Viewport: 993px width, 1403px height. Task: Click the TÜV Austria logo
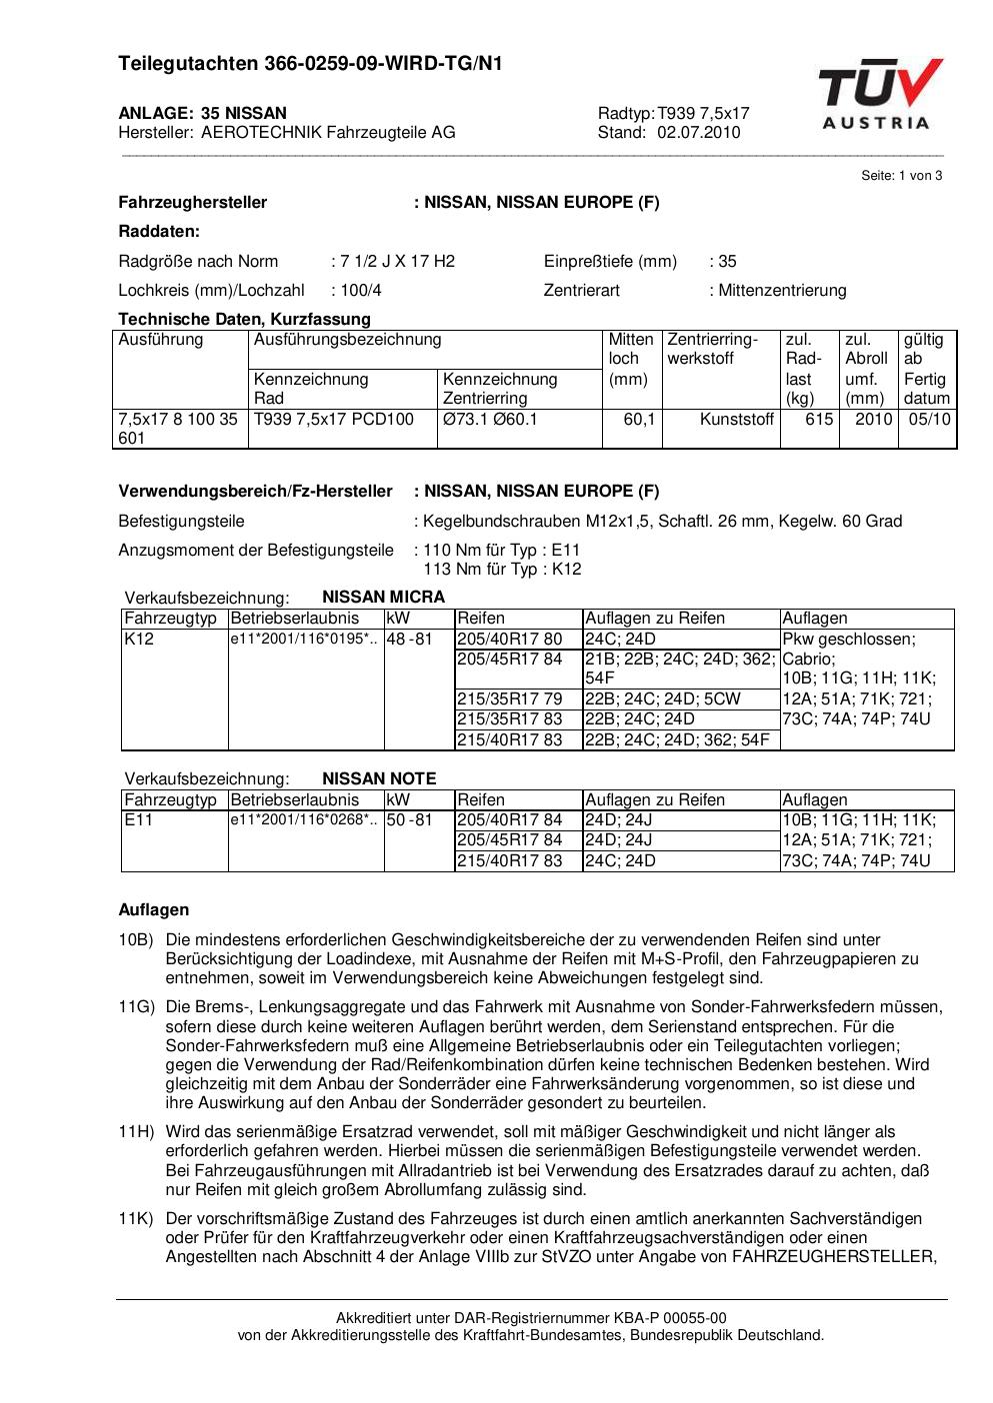pos(880,94)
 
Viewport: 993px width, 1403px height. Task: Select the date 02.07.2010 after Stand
pos(699,133)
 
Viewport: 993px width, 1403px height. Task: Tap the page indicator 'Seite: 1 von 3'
pos(901,176)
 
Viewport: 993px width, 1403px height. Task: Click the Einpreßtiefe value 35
pos(727,262)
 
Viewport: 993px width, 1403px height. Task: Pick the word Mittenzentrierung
pos(782,291)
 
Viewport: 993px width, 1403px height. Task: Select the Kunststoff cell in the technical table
pos(737,420)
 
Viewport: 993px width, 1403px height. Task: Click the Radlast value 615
pos(819,420)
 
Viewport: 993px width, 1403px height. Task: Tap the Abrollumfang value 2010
pos(873,420)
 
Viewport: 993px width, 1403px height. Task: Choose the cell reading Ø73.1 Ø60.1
pos(490,420)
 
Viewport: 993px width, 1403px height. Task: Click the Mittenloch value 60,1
pos(639,420)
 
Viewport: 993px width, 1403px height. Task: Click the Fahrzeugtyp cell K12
pos(139,640)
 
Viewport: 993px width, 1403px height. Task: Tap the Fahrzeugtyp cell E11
pos(137,820)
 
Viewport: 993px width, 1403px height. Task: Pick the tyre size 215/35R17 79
pos(509,700)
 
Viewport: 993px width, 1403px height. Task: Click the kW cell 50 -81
pos(409,820)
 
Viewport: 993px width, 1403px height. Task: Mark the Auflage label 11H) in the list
pos(136,1132)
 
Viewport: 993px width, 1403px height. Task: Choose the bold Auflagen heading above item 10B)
pos(154,910)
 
